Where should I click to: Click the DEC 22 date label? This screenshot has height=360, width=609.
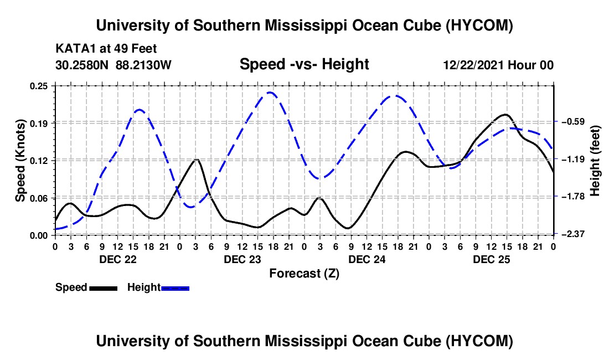pos(118,259)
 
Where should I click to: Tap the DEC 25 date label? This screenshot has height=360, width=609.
pos(491,259)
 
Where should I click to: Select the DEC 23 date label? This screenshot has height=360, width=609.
pos(242,259)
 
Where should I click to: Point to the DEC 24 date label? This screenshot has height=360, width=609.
pos(367,259)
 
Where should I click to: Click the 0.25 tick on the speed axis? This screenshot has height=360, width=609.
pos(39,86)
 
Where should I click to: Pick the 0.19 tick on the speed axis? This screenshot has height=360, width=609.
pos(39,124)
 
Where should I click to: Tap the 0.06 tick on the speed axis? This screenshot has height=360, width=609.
pos(39,198)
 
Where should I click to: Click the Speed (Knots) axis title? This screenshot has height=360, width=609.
pos(20,161)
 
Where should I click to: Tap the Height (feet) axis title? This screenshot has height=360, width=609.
pos(595,161)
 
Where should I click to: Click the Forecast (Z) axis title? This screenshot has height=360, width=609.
pos(304,274)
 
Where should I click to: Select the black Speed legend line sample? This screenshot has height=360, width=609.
pos(104,288)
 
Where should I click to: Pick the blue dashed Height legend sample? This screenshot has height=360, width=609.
pos(175,288)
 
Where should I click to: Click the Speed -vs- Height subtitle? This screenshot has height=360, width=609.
pos(304,64)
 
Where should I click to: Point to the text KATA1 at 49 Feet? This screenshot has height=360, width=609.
pos(106,49)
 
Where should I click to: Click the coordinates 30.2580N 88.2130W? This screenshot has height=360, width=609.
pos(113,65)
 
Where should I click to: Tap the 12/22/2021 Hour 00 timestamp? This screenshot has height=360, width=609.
pos(498,65)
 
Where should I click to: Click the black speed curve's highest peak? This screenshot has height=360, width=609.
pos(505,115)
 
